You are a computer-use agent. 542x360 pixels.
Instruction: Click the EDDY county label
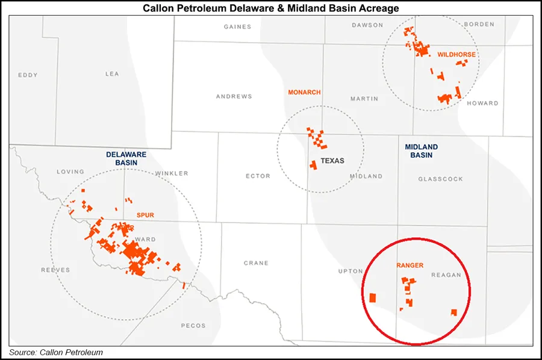point(28,75)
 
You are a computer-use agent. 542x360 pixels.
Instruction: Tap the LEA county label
point(112,74)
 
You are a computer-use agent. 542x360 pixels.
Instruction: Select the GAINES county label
point(237,26)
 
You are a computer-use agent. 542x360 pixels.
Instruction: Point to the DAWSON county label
point(367,25)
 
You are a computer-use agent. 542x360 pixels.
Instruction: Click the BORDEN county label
point(479,24)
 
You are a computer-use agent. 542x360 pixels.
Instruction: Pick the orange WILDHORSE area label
point(456,54)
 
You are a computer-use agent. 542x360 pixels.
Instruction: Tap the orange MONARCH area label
point(304,92)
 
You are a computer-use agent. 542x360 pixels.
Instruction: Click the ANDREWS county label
point(234,96)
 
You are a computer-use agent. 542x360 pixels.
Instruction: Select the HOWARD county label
point(483,103)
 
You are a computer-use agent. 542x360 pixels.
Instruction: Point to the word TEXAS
point(332,161)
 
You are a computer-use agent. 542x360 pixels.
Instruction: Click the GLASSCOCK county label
point(440,179)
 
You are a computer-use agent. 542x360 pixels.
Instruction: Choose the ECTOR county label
point(258,176)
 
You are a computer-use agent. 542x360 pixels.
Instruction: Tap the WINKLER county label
point(172,173)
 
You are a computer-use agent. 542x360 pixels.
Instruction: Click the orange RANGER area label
point(410,265)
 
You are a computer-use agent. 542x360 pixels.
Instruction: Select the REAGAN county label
point(446,275)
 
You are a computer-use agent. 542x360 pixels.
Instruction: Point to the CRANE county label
point(256,263)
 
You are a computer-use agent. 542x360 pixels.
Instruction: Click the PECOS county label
point(194,326)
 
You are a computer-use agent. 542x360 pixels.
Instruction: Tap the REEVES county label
point(55,270)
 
